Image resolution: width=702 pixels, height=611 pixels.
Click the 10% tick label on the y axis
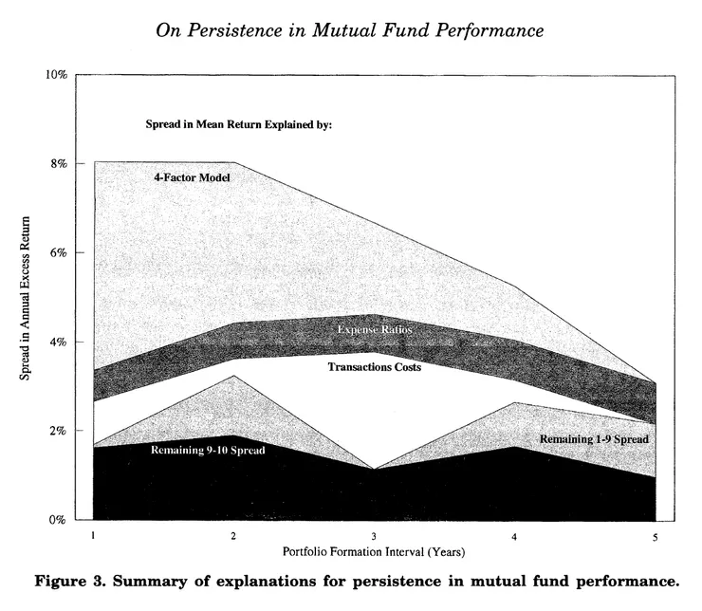tap(55, 74)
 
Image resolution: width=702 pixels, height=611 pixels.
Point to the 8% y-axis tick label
tap(58, 163)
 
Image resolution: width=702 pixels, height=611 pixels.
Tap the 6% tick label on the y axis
tap(58, 252)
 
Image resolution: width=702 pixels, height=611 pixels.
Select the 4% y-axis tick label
tap(58, 342)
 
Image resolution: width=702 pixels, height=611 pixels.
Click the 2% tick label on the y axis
tap(58, 431)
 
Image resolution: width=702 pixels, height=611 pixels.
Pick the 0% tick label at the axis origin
tap(58, 520)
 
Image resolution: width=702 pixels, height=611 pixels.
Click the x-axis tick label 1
tap(93, 536)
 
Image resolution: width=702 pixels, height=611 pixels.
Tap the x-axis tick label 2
tap(233, 536)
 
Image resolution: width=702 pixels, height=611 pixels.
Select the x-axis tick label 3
tap(374, 536)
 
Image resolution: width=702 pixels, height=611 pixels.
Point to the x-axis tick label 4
tap(514, 536)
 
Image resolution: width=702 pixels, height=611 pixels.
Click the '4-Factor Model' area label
tap(193, 177)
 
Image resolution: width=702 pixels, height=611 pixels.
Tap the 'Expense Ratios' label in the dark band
tap(375, 329)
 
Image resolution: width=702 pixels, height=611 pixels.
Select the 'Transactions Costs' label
tap(374, 366)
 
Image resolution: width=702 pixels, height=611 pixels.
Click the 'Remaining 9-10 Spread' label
tap(208, 450)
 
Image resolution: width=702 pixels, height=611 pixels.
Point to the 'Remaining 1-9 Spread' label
tap(594, 439)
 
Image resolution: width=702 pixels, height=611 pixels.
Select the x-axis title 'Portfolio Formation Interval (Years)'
tap(374, 551)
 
